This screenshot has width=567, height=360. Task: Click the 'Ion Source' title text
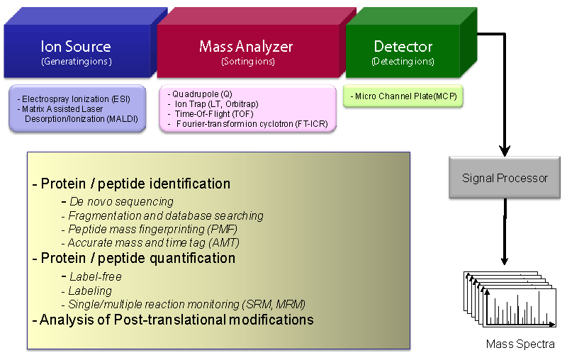click(76, 46)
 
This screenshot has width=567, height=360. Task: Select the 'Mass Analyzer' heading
click(246, 47)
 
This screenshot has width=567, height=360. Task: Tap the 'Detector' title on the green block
click(403, 47)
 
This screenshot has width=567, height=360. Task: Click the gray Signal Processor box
click(505, 177)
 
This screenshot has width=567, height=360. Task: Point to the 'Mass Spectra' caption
click(520, 344)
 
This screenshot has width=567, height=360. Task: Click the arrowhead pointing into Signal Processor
click(505, 151)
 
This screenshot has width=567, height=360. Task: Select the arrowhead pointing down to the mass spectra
click(505, 261)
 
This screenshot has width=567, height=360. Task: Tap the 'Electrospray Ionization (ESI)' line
click(74, 99)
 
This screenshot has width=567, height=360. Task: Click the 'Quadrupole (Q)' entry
click(200, 94)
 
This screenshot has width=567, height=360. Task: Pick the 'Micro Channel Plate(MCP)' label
click(403, 96)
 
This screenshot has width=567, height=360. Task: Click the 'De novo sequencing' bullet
click(118, 201)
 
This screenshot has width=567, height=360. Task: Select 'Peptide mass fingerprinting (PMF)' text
click(150, 229)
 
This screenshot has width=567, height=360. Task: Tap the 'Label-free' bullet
click(91, 276)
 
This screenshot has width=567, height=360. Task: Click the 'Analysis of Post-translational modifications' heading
click(173, 320)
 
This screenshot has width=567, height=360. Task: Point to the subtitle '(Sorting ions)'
click(248, 62)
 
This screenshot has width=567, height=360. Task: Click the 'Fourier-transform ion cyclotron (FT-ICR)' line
click(249, 124)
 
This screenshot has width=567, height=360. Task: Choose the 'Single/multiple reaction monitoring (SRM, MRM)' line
click(184, 304)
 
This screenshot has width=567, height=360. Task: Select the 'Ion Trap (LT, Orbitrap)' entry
click(213, 104)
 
